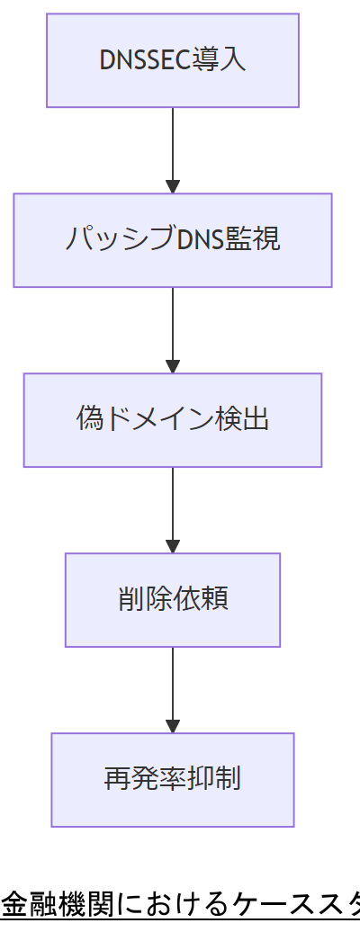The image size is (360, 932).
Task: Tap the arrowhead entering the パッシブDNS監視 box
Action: click(x=173, y=187)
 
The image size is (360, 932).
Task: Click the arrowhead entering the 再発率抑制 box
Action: click(x=173, y=727)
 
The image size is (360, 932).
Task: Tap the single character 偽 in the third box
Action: click(x=91, y=420)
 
